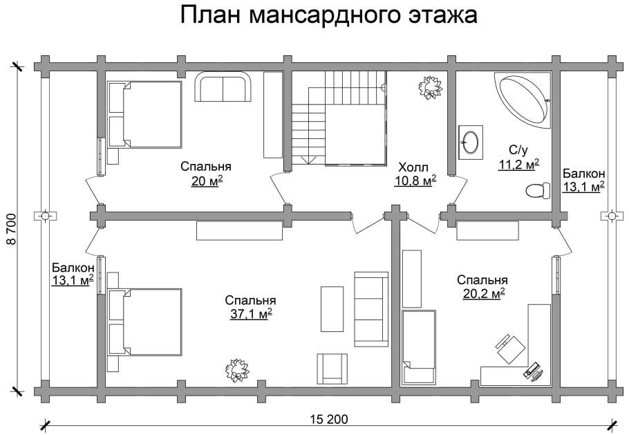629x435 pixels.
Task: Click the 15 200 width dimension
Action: pyautogui.click(x=330, y=419)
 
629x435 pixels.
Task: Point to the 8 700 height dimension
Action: pyautogui.click(x=11, y=229)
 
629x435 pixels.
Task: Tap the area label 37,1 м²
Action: pyautogui.click(x=250, y=313)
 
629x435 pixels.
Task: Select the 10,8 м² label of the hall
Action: pyautogui.click(x=414, y=181)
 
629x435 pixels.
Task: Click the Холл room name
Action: pyautogui.click(x=413, y=167)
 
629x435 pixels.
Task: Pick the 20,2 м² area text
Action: pyautogui.click(x=482, y=293)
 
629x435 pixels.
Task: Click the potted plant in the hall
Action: pyautogui.click(x=429, y=89)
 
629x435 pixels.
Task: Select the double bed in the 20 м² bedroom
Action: pyautogui.click(x=145, y=113)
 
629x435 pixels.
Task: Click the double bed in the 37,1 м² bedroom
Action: pyautogui.click(x=145, y=322)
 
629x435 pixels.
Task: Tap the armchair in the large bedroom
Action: pyautogui.click(x=332, y=368)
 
